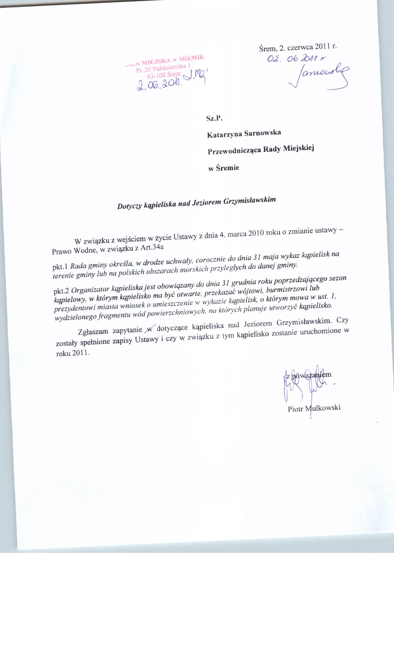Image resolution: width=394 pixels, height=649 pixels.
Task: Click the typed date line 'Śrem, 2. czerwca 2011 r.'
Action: click(298, 47)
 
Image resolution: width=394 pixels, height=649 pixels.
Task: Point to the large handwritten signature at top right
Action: click(318, 76)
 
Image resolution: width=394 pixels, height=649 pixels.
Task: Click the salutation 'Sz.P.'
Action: click(214, 118)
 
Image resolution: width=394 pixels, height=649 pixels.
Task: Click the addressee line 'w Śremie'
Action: click(223, 168)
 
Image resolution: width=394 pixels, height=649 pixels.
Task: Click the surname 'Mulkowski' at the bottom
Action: click(323, 408)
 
